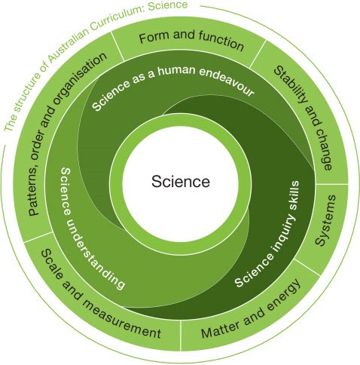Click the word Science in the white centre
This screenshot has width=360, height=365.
coord(181,181)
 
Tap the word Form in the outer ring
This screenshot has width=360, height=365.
coord(154,37)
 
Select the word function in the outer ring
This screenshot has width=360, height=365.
coord(221,41)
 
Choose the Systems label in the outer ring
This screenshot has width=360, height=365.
coord(325,220)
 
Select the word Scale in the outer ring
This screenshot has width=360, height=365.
coord(52,265)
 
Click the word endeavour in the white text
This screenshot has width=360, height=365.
coord(227,81)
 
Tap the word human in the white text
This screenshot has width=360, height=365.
coord(176,70)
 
